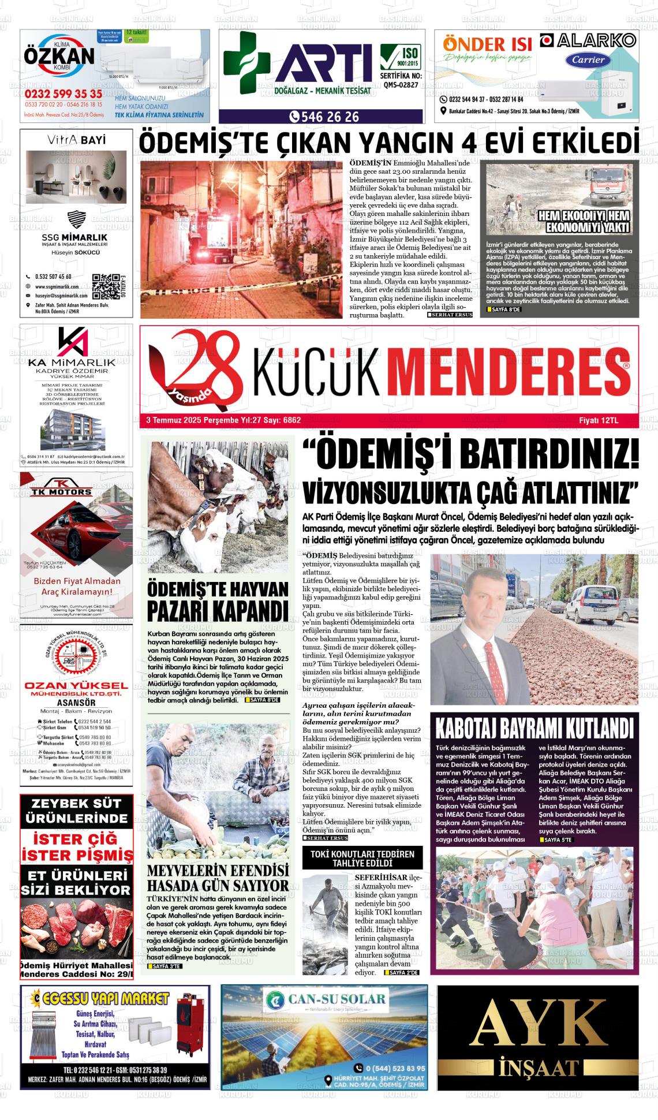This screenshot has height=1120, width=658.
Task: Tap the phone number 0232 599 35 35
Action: [x=63, y=94]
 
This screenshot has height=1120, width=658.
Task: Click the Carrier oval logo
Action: [x=588, y=59]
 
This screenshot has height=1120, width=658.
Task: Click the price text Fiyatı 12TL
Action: [x=598, y=421]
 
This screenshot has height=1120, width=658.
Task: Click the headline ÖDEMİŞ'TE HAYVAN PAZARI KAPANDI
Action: [x=217, y=600]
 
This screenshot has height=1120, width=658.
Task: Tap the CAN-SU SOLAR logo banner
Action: [x=324, y=999]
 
